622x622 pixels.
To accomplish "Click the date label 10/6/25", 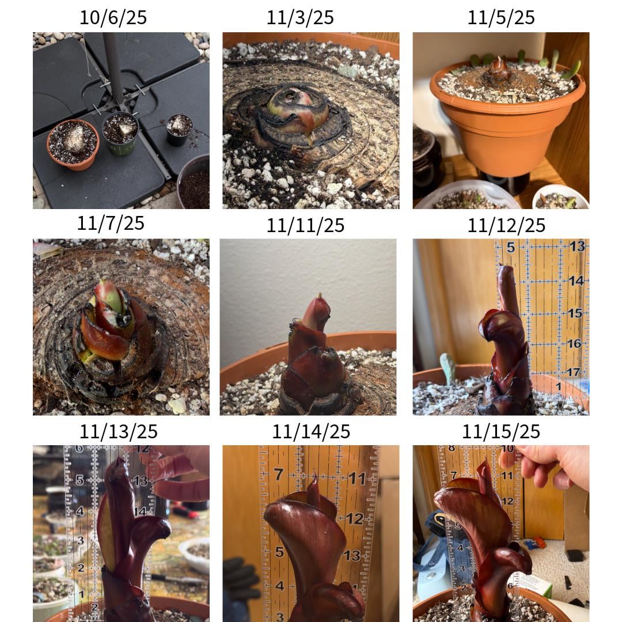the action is pos(113,17).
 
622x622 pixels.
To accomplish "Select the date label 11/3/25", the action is pos(300,17).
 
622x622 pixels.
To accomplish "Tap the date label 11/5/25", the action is pos(501,17).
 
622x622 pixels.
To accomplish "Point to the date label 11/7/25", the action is pos(110,223).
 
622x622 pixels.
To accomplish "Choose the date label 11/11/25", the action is pos(305,225).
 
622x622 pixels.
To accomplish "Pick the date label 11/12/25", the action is pos(507,225).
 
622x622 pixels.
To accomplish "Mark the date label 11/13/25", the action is pos(119,431).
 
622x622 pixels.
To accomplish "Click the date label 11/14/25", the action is pos(311,431).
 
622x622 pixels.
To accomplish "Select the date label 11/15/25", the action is pos(501,431).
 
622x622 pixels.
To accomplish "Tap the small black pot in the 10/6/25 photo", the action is pos(179,130).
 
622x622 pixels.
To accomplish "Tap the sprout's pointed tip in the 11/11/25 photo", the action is pos(320,295).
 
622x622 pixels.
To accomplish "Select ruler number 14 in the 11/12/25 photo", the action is pos(575,281).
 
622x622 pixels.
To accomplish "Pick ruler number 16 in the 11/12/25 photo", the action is pos(574,343).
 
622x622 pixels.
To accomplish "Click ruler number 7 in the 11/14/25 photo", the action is pos(279,474).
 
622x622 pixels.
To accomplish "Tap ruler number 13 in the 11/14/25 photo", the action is pos(352,555).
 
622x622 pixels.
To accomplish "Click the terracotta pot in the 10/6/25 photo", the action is pos(73,145).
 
